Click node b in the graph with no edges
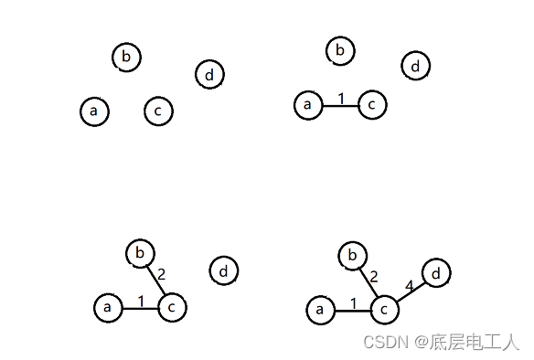pos(126,57)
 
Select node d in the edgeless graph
pos(209,74)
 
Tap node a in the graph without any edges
pos(94,111)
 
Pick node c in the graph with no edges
pos(158,111)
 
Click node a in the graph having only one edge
pos(308,105)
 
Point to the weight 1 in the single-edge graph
pos(340,98)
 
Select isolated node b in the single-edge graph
pos(340,50)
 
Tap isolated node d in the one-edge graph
pos(415,66)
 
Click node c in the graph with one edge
pos(371,105)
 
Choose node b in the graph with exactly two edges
pos(140,251)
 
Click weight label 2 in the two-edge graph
pos(162,273)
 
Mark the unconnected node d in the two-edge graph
pos(223,270)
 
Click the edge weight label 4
pos(409,287)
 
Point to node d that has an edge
pos(435,274)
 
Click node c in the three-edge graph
pos(384,311)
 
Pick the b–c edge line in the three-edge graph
pos(368,283)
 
